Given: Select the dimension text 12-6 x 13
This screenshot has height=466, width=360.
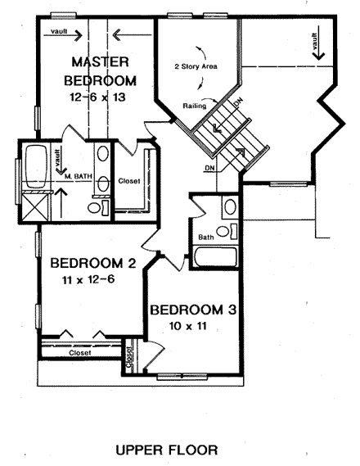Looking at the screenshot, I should pos(99,97).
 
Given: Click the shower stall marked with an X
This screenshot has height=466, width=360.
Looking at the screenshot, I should pos(35,205).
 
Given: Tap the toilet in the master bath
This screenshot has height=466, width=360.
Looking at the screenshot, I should pos(97,209).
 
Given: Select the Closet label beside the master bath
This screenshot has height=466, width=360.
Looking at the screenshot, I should pos(129,180).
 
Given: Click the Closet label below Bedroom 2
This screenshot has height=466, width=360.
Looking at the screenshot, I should pos(56,352).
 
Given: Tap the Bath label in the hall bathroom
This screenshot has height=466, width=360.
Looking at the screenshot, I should pos(206,238).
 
